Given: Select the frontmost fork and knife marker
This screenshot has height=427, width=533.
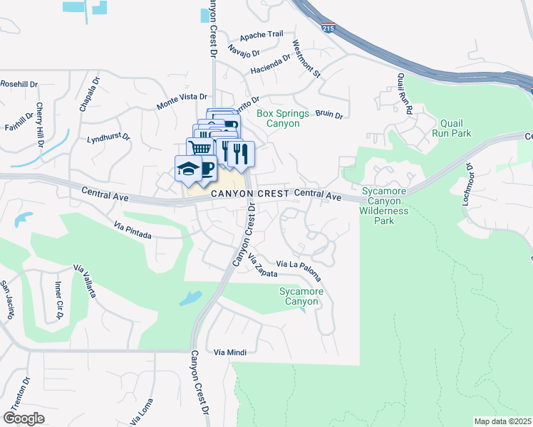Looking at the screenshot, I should [241, 153].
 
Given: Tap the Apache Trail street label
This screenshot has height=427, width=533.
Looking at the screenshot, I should [262, 34].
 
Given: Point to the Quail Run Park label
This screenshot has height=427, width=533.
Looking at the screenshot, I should [455, 127].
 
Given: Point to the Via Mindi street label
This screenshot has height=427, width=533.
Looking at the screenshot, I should [229, 352].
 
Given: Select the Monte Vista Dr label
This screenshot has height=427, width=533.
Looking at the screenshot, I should [182, 100].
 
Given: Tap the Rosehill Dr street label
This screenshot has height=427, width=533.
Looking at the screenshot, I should [19, 84].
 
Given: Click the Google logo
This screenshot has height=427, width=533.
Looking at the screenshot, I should [24, 418].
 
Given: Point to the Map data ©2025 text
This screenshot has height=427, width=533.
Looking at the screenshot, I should [502, 421].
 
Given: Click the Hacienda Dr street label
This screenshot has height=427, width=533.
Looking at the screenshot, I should [271, 66].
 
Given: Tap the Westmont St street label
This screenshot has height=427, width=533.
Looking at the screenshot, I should [307, 59].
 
